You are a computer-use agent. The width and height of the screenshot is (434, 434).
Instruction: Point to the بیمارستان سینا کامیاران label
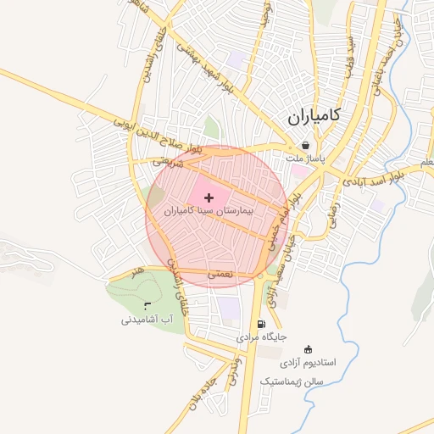(x=209, y=209)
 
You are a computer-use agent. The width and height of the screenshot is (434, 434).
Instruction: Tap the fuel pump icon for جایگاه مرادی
(x=260, y=324)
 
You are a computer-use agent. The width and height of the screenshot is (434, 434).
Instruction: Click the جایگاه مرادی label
(x=262, y=337)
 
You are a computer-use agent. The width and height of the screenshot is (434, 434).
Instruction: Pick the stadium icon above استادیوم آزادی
(x=308, y=348)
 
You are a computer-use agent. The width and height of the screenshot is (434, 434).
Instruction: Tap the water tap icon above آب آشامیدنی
(x=147, y=307)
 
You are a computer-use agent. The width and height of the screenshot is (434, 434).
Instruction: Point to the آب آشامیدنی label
(x=147, y=320)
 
